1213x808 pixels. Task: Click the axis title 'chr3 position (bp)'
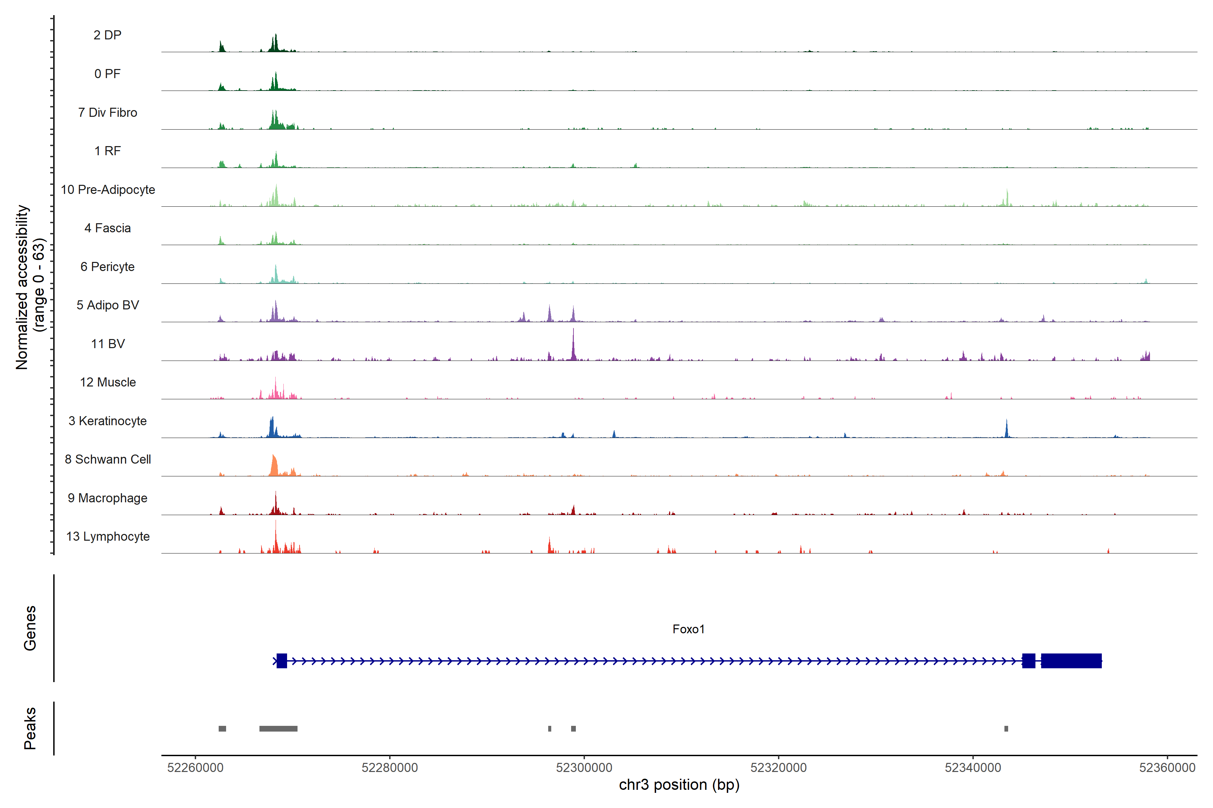(679, 785)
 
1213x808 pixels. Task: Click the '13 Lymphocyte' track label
(108, 536)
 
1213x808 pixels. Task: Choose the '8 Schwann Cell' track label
(108, 459)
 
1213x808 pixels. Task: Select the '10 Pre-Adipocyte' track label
(108, 190)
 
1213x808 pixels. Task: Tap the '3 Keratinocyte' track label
(108, 421)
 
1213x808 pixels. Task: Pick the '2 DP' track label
(108, 35)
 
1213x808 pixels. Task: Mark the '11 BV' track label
(108, 344)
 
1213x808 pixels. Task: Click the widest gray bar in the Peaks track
(279, 729)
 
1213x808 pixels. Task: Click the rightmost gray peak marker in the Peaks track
(1006, 729)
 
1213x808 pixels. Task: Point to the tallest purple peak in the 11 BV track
(573, 343)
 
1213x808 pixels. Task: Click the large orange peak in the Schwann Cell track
(274, 465)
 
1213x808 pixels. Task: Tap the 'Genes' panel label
(30, 628)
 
